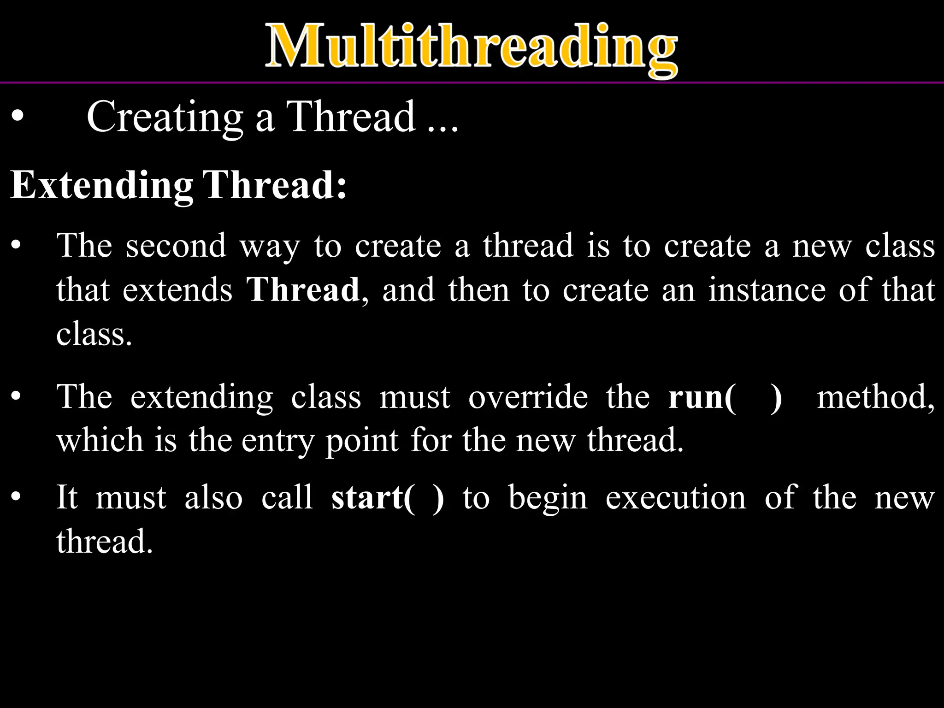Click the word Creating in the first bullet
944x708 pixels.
pos(165,118)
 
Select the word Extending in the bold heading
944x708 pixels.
pos(102,186)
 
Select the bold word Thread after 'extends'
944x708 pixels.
pos(303,290)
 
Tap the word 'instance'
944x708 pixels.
pos(767,290)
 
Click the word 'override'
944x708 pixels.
pos(528,397)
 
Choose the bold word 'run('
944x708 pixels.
pos(702,398)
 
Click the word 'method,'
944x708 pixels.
pos(876,398)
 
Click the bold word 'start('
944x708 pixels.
pos(373,498)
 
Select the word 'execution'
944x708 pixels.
pos(676,498)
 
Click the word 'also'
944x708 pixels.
pos(213,498)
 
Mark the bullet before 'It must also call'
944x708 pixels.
pos(17,497)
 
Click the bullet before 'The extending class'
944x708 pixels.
pos(17,396)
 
